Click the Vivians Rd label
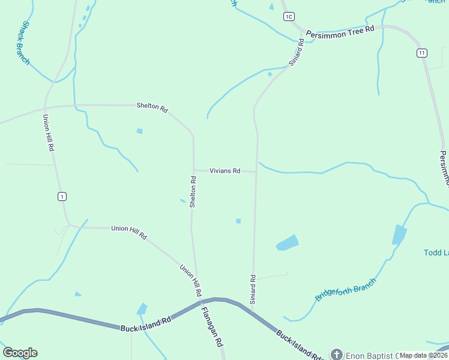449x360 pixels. [x=225, y=171]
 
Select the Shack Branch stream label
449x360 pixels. [x=25, y=43]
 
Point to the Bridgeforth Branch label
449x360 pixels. [x=345, y=290]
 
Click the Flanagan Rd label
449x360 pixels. [x=212, y=328]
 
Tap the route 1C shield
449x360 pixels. [x=289, y=16]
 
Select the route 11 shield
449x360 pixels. [x=423, y=53]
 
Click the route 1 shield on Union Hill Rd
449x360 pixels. [x=61, y=196]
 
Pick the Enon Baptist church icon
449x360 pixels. [x=336, y=355]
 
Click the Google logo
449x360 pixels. [x=20, y=353]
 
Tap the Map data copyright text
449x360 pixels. [x=423, y=355]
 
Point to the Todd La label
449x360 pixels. [x=436, y=253]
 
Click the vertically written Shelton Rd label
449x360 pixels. [x=193, y=191]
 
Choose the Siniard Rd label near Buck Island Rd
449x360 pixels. [x=253, y=289]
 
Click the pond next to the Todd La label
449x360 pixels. [x=399, y=234]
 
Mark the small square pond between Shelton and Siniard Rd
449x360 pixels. [x=238, y=221]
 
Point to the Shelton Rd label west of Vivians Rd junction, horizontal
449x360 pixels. [x=151, y=106]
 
